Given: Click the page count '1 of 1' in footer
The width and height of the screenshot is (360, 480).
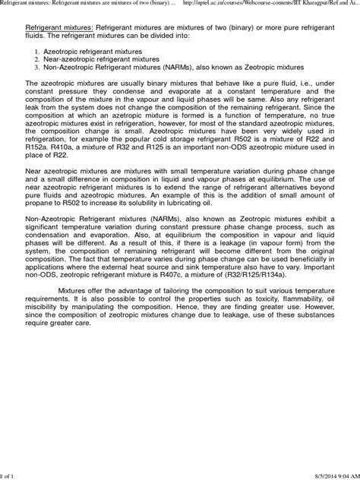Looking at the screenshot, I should point(9,475).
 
